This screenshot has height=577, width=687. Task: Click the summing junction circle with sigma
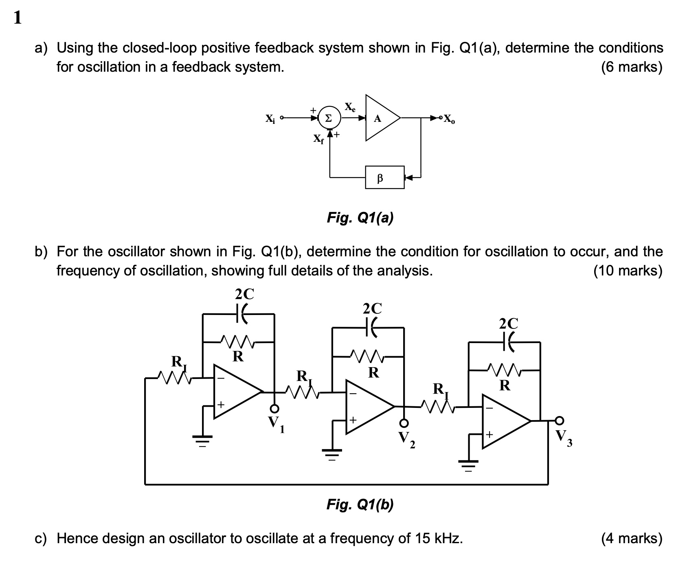(x=328, y=118)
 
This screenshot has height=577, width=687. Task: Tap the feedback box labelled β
(x=385, y=177)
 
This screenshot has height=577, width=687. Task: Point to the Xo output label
(x=450, y=119)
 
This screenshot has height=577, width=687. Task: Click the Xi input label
(x=270, y=119)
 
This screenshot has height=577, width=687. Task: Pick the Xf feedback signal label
(x=318, y=139)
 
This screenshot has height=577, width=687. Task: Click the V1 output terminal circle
(x=275, y=408)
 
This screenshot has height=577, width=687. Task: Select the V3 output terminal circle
(x=560, y=420)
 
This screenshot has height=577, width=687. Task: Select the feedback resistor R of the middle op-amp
(x=368, y=357)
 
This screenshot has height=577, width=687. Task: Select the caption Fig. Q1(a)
(x=360, y=218)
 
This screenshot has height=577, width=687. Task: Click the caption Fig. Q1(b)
(x=360, y=505)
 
